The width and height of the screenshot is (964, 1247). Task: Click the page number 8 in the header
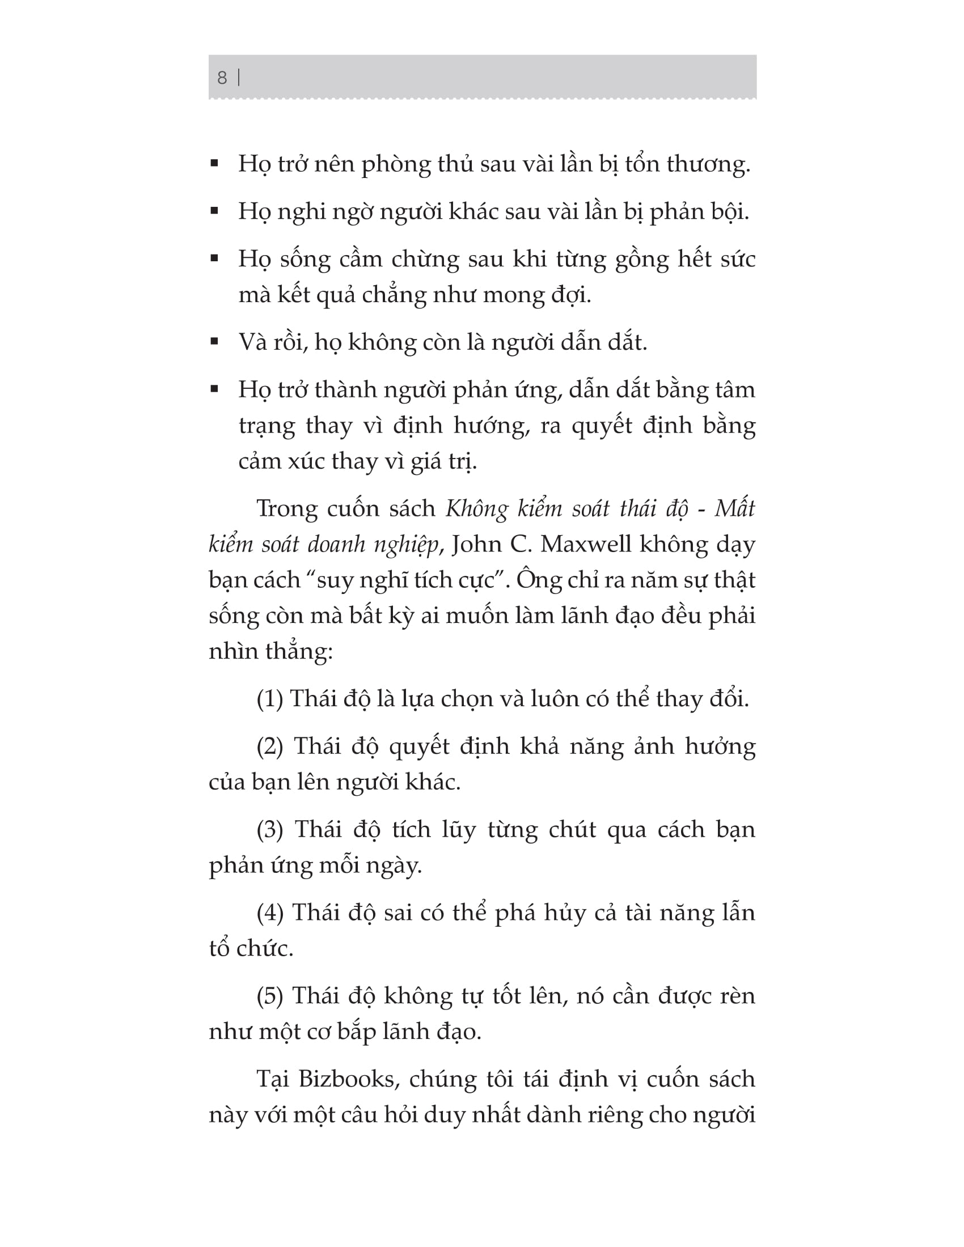click(222, 78)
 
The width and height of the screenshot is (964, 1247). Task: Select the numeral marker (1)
click(269, 699)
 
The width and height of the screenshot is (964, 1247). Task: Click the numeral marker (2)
click(269, 746)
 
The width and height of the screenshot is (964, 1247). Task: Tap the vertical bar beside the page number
click(239, 78)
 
